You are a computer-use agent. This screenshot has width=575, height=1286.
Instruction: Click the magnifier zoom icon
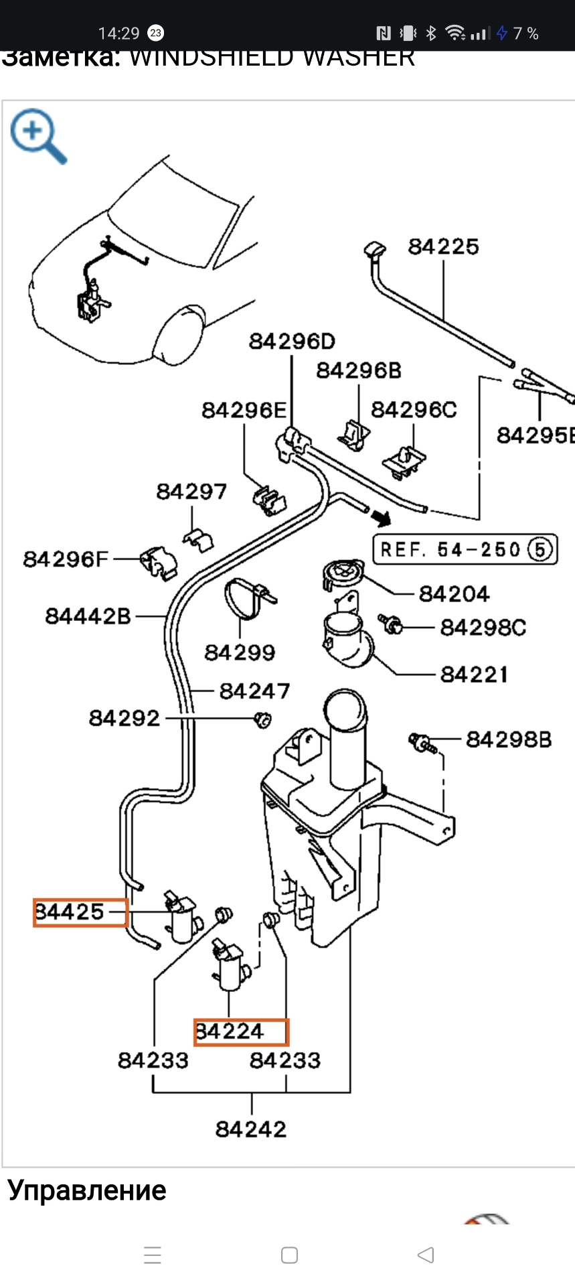click(38, 135)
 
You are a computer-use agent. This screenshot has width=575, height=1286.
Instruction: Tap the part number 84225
click(443, 246)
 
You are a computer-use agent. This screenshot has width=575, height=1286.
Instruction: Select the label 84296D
click(292, 342)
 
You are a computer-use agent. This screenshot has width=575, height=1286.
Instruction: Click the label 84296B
click(359, 370)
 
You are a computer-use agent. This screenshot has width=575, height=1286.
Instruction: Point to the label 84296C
click(414, 409)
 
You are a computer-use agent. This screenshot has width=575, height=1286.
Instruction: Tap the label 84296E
click(244, 410)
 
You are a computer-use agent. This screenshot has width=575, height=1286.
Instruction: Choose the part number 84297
click(191, 492)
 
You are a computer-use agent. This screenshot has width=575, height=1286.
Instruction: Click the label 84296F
click(66, 559)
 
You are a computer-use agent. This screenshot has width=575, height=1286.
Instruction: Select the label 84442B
click(88, 616)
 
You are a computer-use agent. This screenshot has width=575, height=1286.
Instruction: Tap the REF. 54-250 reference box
click(465, 550)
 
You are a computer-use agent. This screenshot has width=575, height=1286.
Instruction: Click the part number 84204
click(454, 593)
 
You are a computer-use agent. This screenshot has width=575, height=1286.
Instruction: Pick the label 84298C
click(483, 628)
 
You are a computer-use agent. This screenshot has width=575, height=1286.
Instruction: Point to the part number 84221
click(474, 674)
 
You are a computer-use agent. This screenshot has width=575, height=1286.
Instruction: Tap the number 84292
click(125, 718)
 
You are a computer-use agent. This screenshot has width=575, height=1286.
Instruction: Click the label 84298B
click(509, 739)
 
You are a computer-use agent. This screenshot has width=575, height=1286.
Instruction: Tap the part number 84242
click(251, 1129)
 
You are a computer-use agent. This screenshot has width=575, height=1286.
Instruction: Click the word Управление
click(87, 1191)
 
